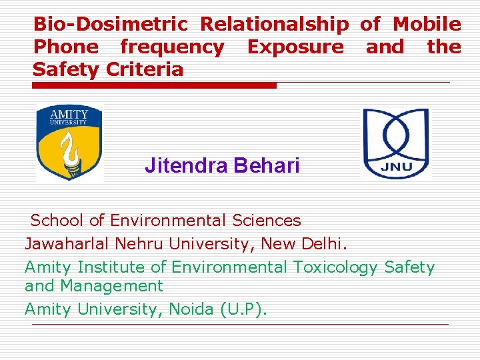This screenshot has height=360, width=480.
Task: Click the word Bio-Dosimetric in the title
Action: pyautogui.click(x=111, y=25)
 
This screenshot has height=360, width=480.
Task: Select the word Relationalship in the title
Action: pyautogui.click(x=275, y=25)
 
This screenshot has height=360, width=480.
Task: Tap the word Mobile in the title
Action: pyautogui.click(x=427, y=25)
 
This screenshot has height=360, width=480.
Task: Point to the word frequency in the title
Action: pyautogui.click(x=172, y=47)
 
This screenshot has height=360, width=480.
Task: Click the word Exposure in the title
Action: pyautogui.click(x=295, y=47)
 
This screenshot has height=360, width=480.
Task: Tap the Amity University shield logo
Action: pyautogui.click(x=69, y=143)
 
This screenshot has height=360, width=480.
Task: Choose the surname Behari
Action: pyautogui.click(x=267, y=165)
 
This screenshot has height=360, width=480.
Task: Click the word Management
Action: pyautogui.click(x=111, y=286)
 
